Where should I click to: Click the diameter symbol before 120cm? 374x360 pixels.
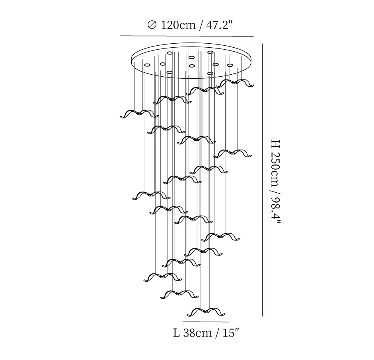[152, 25]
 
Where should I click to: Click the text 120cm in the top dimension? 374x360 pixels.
[178, 25]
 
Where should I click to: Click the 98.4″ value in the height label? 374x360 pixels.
[276, 210]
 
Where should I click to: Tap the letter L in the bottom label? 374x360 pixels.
[177, 333]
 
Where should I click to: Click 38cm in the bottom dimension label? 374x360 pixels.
[197, 333]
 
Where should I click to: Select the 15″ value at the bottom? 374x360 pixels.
[231, 333]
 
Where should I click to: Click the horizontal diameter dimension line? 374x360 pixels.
[187, 36]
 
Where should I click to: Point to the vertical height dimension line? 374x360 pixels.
[262, 180]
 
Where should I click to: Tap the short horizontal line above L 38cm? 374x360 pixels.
[206, 321]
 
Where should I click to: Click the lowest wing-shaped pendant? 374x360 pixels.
[206, 312]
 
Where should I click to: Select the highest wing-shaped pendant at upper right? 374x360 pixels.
[235, 83]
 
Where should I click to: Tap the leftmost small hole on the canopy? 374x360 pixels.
[147, 64]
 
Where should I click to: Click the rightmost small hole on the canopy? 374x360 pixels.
[230, 65]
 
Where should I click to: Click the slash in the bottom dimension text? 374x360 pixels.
[217, 333]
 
